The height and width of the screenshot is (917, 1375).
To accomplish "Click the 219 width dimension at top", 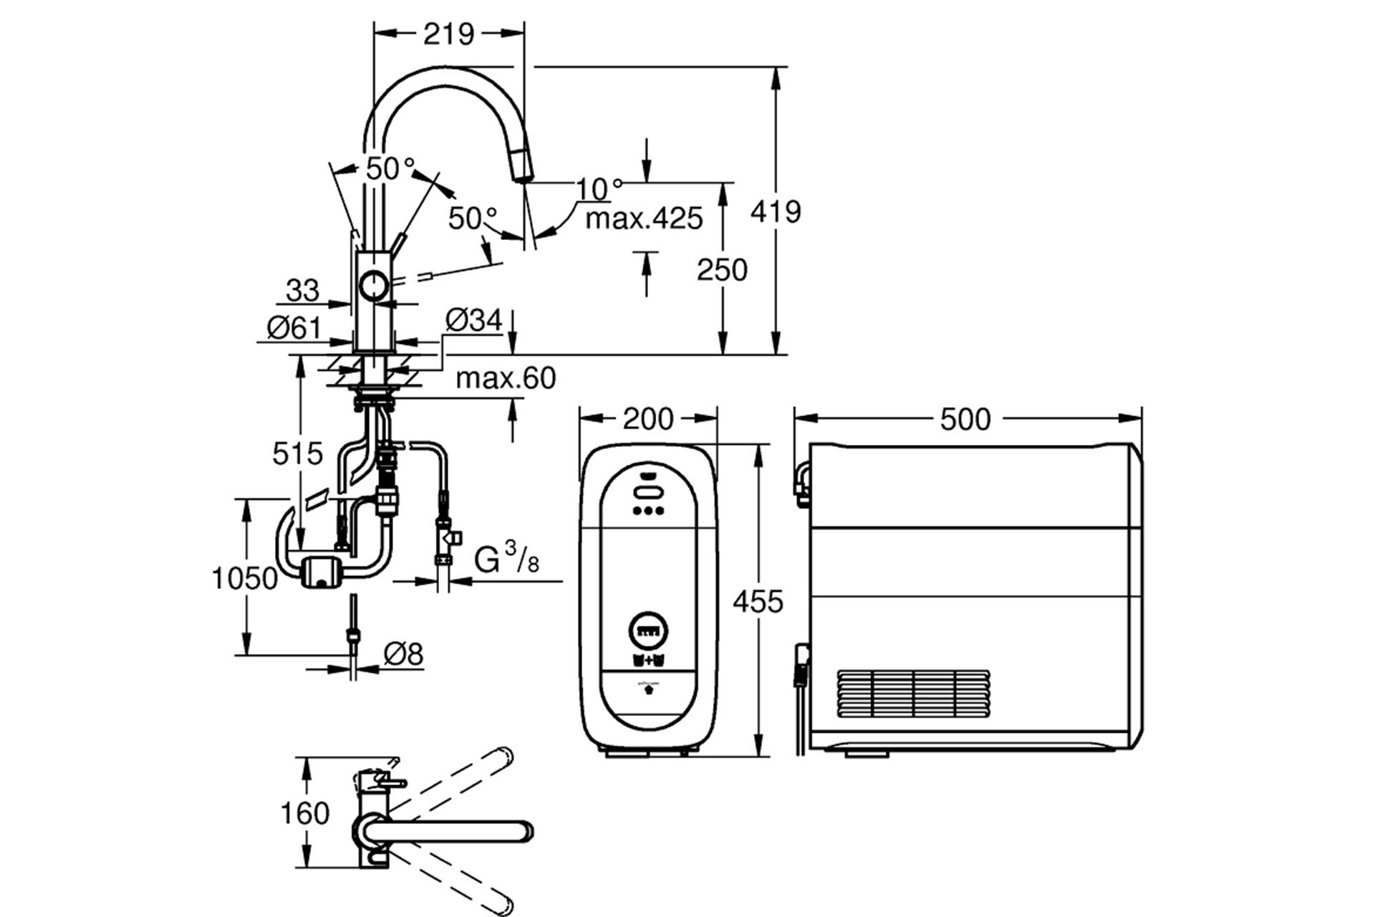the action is [449, 34].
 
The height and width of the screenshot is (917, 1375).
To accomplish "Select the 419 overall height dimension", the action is [776, 211].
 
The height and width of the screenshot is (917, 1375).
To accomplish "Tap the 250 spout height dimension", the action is [722, 270].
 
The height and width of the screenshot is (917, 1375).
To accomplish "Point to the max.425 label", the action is [644, 219].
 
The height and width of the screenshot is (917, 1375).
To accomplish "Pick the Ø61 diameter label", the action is [294, 327].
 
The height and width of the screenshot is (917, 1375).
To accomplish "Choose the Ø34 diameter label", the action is [473, 320].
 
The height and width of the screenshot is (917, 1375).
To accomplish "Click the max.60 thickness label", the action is [506, 378].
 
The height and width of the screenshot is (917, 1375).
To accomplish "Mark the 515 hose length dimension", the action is [297, 453].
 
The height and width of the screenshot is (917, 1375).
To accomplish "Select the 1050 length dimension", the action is [244, 578].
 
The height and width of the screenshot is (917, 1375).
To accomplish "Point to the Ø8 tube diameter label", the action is [403, 653].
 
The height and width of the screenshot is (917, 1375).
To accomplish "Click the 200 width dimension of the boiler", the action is [648, 419].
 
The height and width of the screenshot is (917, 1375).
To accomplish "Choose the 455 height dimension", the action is [758, 602].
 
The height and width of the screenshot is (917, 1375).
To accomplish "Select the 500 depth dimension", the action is [965, 419].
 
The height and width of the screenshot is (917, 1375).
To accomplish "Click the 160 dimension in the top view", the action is [304, 813].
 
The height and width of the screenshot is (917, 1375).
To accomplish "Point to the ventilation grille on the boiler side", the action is [913, 695].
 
